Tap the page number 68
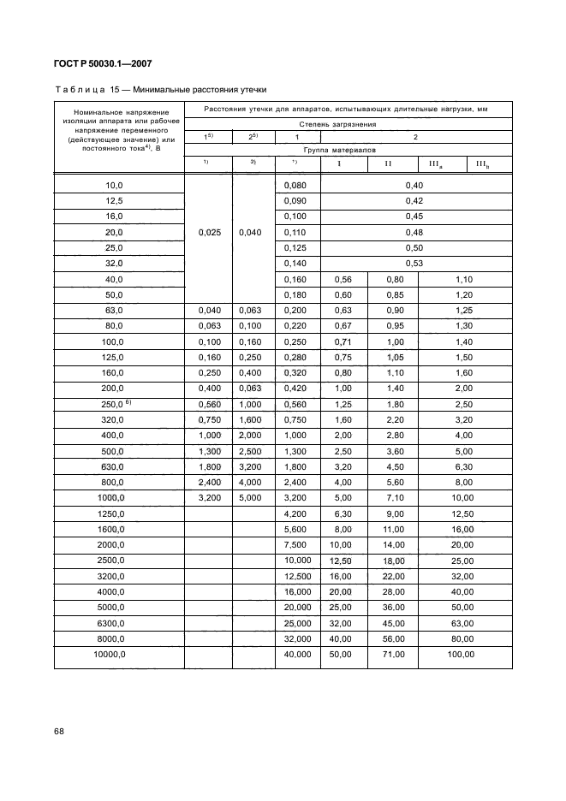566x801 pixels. coord(59,731)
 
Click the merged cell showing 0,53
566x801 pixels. coord(414,264)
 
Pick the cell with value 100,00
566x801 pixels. coord(463,655)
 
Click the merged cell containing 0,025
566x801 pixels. coord(208,232)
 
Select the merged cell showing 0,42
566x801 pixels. coord(414,200)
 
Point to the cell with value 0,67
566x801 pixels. coord(343,326)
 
